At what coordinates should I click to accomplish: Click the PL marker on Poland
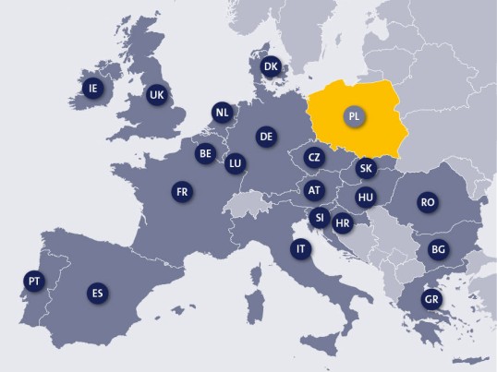point(354,117)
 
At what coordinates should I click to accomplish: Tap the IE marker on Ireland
point(91,88)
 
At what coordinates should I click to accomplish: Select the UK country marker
point(156,94)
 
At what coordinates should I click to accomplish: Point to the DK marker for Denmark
point(271,66)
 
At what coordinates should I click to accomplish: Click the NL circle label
point(222,113)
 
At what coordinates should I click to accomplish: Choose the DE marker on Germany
point(266,137)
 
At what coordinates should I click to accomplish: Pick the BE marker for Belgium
point(205,154)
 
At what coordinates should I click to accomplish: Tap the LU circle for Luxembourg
point(235,163)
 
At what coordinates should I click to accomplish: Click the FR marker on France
point(182,192)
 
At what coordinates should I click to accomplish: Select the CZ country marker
point(314,157)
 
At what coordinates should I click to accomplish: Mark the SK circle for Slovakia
point(366,168)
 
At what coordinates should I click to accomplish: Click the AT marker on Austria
point(314,189)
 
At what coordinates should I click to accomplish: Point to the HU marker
point(366,197)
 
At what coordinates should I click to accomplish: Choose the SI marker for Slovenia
point(319,218)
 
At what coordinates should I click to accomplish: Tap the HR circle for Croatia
point(343,222)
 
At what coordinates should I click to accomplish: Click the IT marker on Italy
point(300,249)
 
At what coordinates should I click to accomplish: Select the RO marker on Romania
point(427,202)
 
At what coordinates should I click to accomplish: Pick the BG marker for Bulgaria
point(438,249)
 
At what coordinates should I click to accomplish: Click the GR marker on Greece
point(430,299)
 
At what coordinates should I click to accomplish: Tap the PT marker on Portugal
point(34,281)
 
